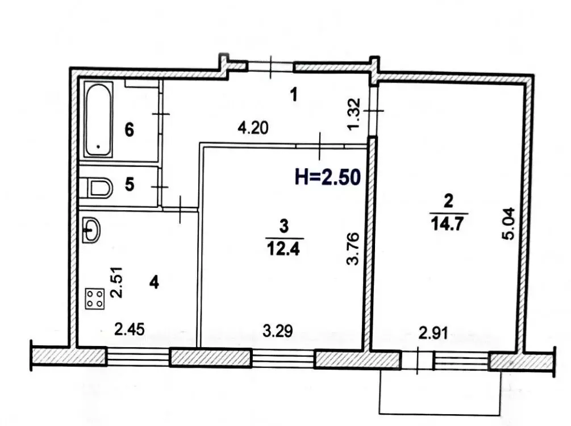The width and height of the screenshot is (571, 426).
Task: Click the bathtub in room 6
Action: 98,119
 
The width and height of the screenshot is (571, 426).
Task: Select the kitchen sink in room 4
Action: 91,229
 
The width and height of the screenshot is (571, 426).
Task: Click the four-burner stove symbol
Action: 95,299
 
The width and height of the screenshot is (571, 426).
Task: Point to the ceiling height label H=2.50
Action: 328,177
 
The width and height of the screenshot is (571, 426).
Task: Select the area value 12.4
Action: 284,248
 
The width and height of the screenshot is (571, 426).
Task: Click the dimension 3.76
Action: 353,248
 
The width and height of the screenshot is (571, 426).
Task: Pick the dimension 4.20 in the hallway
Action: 253,128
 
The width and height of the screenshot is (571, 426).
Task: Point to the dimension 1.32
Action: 354,114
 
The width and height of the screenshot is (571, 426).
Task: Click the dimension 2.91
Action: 433,333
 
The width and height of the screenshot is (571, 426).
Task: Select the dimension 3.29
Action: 277,331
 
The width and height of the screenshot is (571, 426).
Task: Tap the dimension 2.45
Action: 130,329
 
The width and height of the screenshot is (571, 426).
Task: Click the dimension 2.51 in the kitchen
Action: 117,282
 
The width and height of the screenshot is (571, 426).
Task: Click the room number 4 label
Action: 155,282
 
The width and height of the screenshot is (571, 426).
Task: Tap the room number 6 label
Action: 130,130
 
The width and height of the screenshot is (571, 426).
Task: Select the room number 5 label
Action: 130,185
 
